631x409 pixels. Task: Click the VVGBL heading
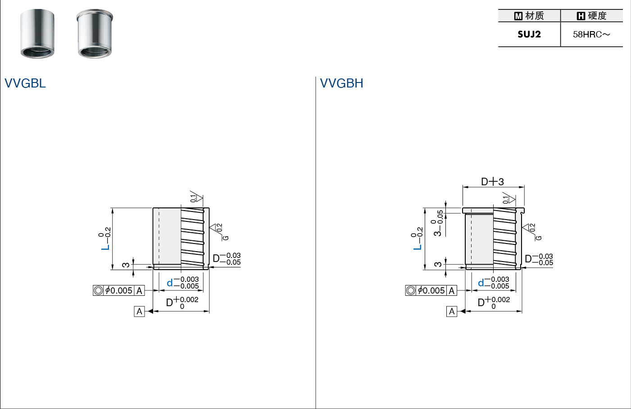[25, 83]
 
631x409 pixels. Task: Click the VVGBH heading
[341, 83]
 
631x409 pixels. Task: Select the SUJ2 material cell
[529, 34]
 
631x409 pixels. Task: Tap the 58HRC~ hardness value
[591, 34]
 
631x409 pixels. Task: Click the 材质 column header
[529, 16]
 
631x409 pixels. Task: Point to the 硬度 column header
[591, 16]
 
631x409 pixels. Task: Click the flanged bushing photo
[95, 34]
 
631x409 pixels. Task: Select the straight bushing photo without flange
[37, 34]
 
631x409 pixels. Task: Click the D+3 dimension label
[492, 182]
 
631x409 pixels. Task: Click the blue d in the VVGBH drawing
[481, 283]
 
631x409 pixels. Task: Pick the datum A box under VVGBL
[139, 312]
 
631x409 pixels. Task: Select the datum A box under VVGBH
[452, 312]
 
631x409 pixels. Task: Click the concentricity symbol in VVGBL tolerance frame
[98, 290]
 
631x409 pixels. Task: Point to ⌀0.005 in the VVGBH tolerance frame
[431, 290]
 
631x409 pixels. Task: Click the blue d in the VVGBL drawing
[170, 283]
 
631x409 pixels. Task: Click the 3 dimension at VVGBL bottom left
[126, 265]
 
